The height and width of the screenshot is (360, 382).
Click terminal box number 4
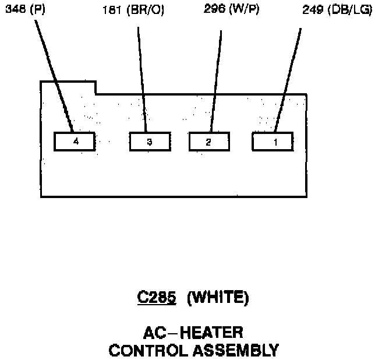pyautogui.click(x=74, y=142)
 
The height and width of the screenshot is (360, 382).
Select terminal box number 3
pyautogui.click(x=150, y=142)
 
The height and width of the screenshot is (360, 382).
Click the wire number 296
pyautogui.click(x=215, y=10)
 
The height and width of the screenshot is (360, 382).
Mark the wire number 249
pyautogui.click(x=313, y=10)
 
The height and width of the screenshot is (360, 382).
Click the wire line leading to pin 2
pyautogui.click(x=216, y=76)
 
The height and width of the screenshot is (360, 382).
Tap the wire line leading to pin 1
pyautogui.click(x=288, y=76)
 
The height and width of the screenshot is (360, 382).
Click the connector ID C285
pyautogui.click(x=157, y=298)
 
